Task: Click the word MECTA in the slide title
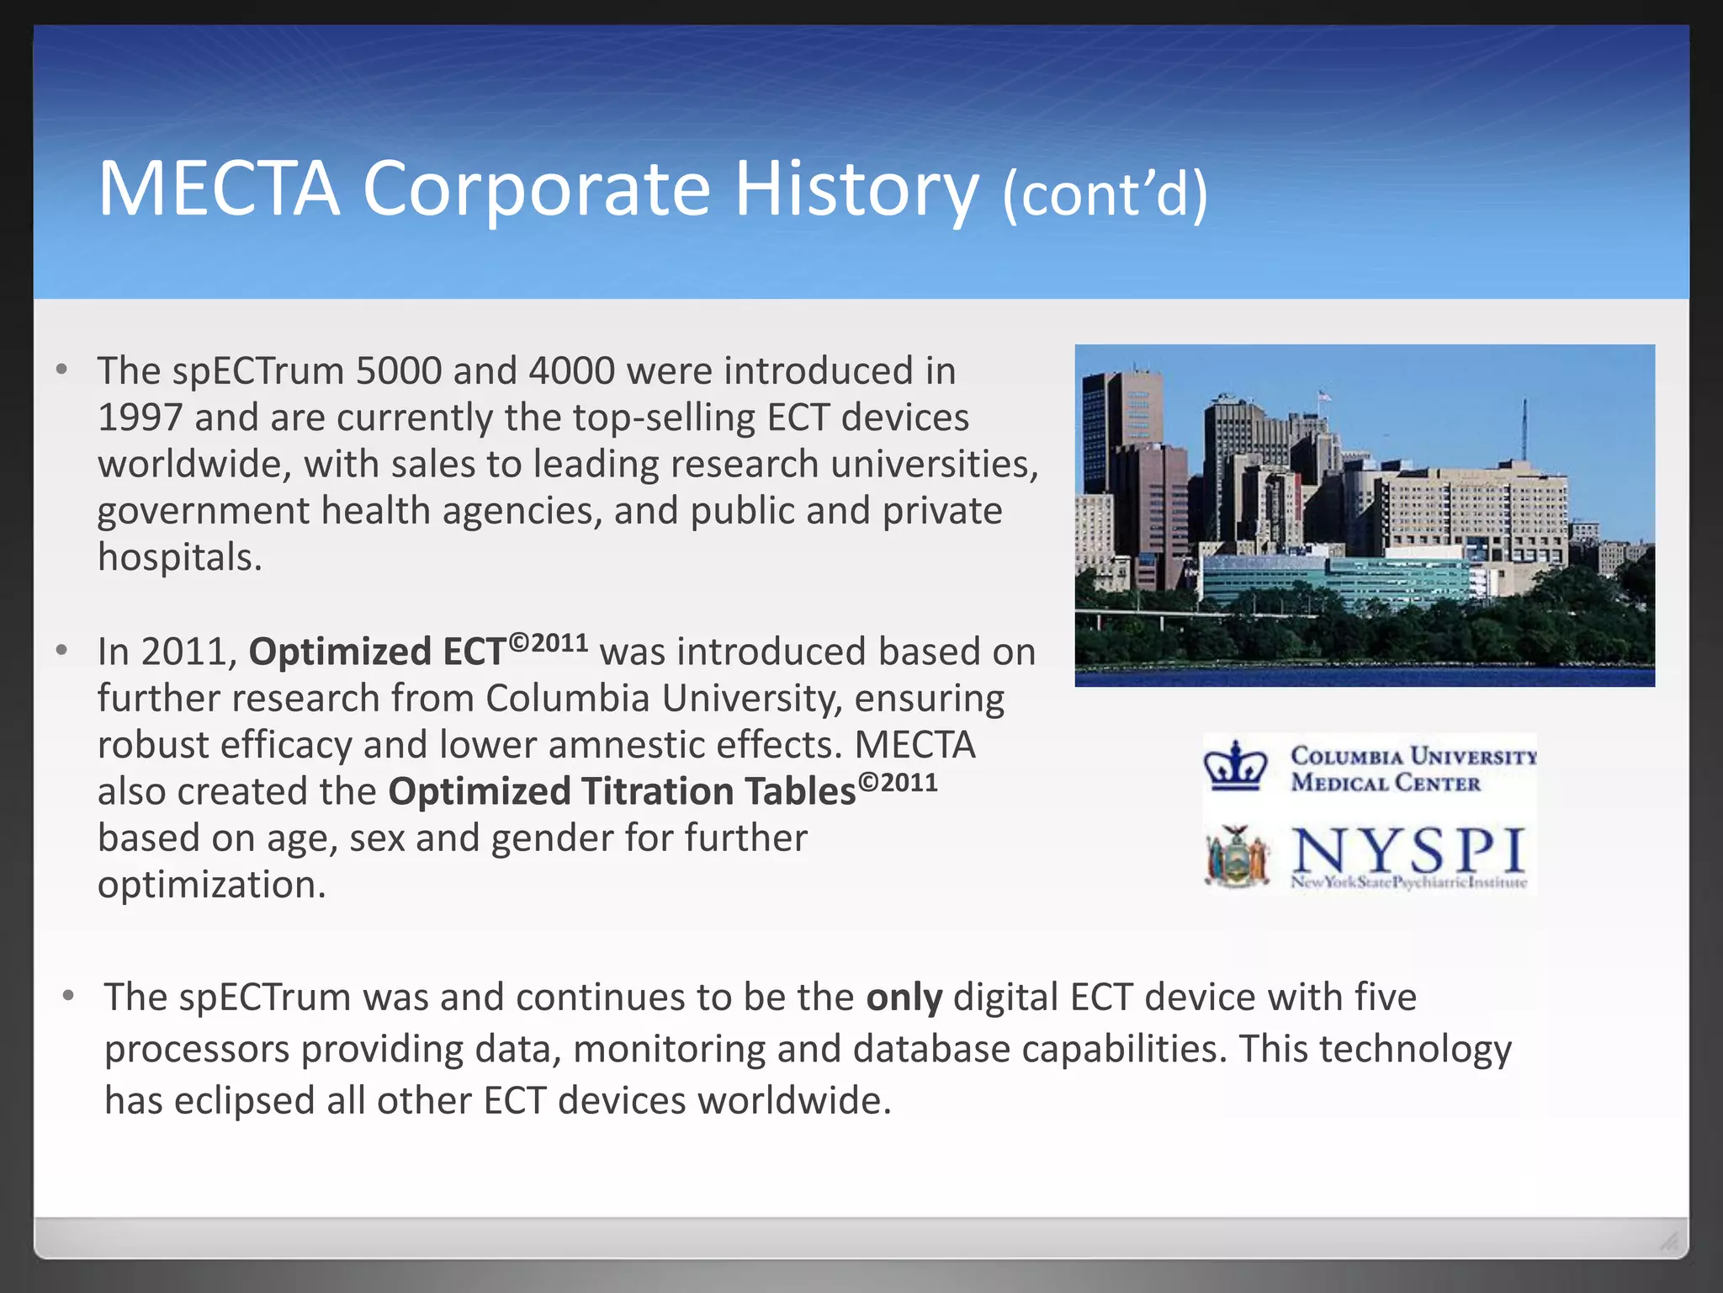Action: point(219,189)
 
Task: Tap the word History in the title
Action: point(856,189)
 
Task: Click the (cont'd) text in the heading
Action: point(1105,194)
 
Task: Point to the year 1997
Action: point(140,418)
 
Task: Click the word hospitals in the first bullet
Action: point(179,557)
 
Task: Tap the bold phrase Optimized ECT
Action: point(377,652)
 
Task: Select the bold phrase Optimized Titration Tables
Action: point(621,791)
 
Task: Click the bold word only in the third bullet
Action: point(904,998)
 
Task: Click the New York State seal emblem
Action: point(1236,857)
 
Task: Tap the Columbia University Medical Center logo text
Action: point(1412,769)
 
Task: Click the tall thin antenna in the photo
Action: point(1524,429)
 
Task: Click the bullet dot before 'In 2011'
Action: point(61,651)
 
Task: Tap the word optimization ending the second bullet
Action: point(210,885)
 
